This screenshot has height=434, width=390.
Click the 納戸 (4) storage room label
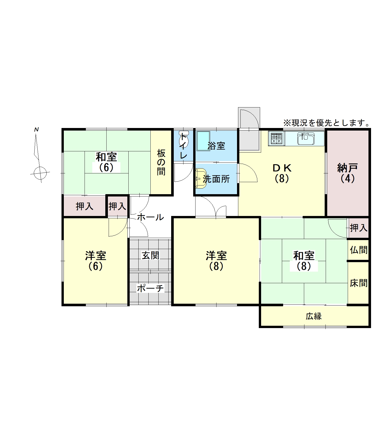tap(347, 173)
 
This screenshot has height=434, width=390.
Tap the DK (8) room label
tap(282, 173)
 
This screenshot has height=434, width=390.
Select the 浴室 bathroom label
tap(216, 146)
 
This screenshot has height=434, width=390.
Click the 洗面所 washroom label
tap(216, 179)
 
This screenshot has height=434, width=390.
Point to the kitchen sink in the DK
tap(306, 139)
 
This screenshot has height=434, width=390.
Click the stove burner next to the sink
tap(277, 139)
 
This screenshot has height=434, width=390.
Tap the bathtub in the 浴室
tap(203, 141)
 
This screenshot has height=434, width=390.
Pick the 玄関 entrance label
tap(151, 255)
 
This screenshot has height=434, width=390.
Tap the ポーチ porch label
tap(150, 288)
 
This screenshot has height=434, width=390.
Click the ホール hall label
tap(150, 217)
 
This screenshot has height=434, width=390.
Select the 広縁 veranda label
tap(314, 316)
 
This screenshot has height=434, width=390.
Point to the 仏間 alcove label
tap(359, 250)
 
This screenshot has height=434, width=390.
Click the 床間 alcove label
tap(359, 283)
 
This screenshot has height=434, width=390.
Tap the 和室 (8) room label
tap(304, 261)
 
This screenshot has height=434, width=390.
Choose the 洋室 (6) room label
tap(96, 261)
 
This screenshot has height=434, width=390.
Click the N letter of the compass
tap(36, 130)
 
